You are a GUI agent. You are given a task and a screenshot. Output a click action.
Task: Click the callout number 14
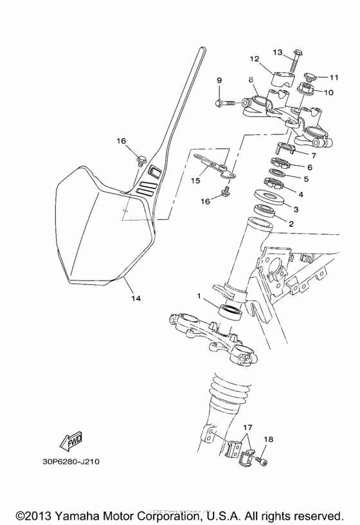(136, 298)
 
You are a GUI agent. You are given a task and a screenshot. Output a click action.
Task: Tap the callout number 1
(200, 297)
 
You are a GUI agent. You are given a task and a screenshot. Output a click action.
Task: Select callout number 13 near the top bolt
(277, 51)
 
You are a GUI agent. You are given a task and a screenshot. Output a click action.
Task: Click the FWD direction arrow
(65, 441)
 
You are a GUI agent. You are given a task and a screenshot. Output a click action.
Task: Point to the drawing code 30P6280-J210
(71, 461)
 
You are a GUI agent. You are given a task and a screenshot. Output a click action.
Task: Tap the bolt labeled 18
(262, 460)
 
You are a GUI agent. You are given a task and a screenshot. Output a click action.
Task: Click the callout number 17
(248, 427)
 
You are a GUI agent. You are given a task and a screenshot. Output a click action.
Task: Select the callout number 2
(291, 223)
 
